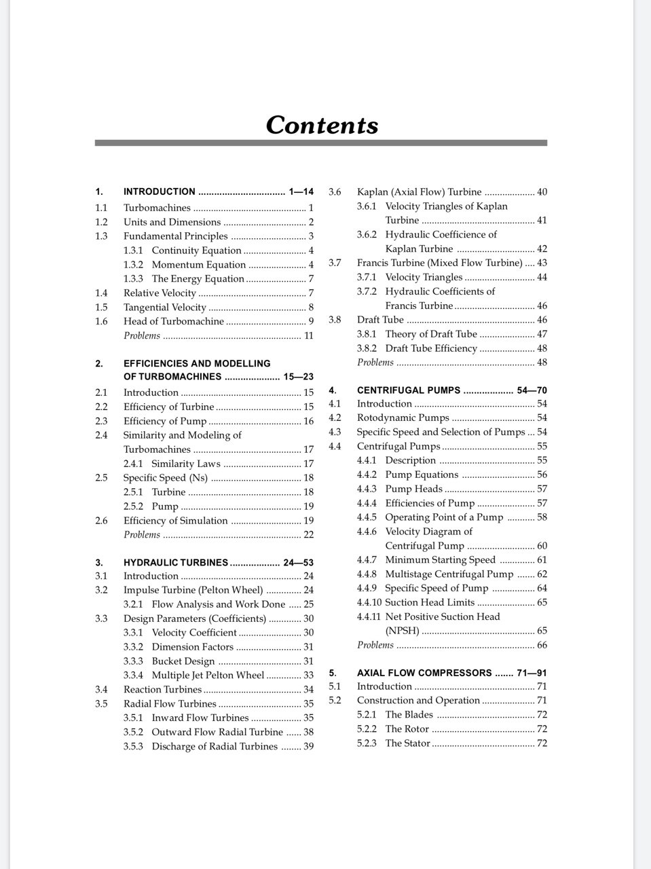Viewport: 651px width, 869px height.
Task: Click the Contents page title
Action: coord(322,126)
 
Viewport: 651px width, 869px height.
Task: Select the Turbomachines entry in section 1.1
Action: coord(157,208)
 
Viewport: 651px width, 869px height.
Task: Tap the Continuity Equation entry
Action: coord(196,251)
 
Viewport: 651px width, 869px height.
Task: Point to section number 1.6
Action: coord(101,322)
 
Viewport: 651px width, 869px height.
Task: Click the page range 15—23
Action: coord(298,377)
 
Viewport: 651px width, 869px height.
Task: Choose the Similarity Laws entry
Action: coord(186,464)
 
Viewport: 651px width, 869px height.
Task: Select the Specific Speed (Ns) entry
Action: coord(166,478)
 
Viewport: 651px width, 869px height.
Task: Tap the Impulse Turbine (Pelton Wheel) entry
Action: coord(193,590)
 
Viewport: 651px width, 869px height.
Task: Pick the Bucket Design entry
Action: coord(183,661)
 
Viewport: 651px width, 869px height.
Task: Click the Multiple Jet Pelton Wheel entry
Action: coord(208,676)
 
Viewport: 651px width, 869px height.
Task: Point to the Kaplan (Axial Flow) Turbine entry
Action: coord(419,192)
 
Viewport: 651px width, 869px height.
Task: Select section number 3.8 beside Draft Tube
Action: coord(335,320)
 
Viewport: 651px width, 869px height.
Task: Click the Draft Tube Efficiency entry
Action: coord(431,348)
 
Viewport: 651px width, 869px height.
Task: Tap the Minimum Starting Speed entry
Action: coord(440,560)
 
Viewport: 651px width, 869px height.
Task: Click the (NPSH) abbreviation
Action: coord(402,631)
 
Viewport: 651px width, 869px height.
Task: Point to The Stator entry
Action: coord(407,743)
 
